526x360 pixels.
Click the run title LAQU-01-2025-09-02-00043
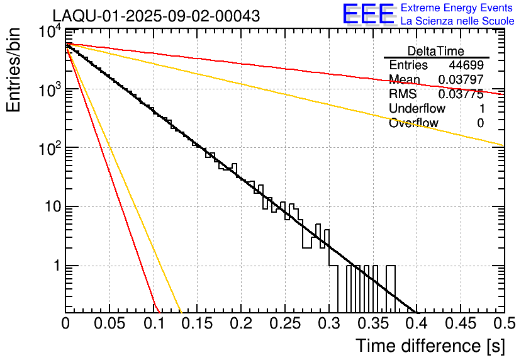click(156, 16)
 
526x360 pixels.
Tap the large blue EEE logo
click(368, 15)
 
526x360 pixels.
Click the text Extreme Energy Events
click(457, 8)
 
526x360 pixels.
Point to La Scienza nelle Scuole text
click(457, 21)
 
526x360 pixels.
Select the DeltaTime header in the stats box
click(436, 51)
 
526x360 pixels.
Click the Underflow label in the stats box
click(417, 109)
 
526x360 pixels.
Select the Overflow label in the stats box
click(413, 123)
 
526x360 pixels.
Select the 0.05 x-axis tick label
click(109, 324)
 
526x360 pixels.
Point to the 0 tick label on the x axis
click(66, 324)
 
